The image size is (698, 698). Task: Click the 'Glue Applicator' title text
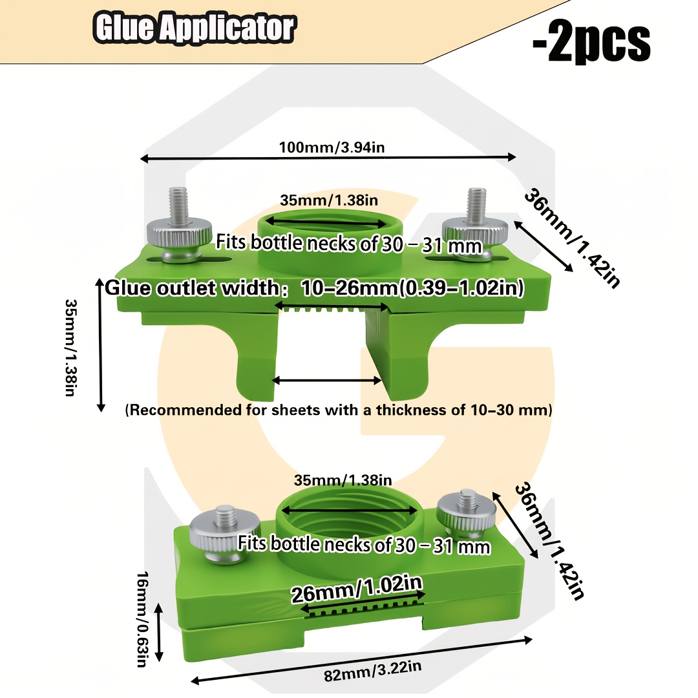tap(194, 28)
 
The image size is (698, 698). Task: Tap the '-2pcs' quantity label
tap(591, 43)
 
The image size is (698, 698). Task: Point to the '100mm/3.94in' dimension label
tap(332, 147)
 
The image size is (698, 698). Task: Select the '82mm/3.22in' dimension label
tap(372, 670)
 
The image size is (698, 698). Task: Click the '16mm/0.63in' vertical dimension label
tap(142, 619)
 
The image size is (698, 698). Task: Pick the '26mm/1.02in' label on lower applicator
tap(356, 589)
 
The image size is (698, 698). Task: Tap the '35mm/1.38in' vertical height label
tap(71, 347)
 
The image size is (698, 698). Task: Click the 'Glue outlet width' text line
tap(314, 288)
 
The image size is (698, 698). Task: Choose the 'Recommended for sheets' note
tap(338, 410)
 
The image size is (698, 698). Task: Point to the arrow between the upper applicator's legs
tap(326, 380)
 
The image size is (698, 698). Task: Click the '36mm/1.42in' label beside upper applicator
tap(573, 238)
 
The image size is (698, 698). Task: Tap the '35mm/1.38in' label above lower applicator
tap(343, 480)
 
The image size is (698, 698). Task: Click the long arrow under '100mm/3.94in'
tap(328, 158)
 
